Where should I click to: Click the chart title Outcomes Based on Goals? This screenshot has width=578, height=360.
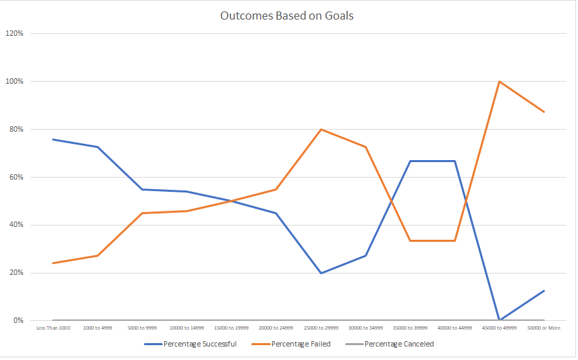point(287,16)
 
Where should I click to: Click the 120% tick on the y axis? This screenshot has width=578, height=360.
point(15,33)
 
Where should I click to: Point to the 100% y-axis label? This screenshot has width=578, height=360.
point(15,81)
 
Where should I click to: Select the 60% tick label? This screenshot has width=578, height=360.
point(16,177)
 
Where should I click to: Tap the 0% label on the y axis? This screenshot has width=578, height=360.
point(18,320)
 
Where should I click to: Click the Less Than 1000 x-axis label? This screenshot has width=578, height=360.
point(53,328)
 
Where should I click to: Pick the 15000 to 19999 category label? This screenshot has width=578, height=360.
point(231,328)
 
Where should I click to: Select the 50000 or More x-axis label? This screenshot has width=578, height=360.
point(544,328)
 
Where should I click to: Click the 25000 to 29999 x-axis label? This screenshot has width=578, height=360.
point(321,328)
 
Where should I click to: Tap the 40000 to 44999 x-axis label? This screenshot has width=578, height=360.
point(454,328)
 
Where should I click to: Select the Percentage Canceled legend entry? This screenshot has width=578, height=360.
point(398,344)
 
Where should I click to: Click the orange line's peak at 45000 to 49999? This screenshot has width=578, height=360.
point(499,82)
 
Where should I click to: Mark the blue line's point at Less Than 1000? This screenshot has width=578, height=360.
point(53,140)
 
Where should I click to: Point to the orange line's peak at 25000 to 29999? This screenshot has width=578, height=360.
point(321,129)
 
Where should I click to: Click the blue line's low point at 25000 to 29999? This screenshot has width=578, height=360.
point(321,273)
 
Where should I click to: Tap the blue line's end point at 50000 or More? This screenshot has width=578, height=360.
point(544,290)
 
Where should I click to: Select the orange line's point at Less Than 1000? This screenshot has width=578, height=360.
point(53,263)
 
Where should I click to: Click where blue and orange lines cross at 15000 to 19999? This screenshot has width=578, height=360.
point(232,201)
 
